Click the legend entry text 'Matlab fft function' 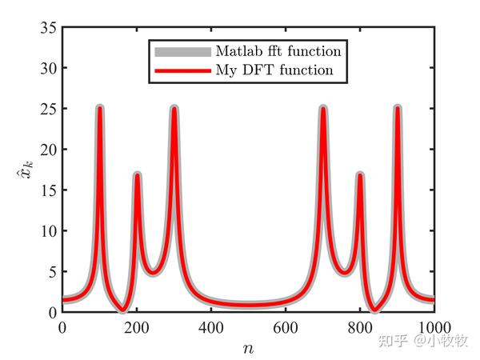[x=278, y=51]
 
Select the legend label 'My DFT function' [x=274, y=70]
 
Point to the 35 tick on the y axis [x=47, y=28]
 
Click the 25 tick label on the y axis [x=47, y=109]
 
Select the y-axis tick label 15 [x=47, y=190]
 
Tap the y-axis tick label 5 [x=51, y=271]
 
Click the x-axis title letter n [x=248, y=348]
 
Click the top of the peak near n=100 [x=100, y=108]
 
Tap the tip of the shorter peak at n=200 [x=137, y=174]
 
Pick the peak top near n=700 [x=323, y=108]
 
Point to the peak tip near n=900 [x=397, y=108]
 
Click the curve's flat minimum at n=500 [x=249, y=305]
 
